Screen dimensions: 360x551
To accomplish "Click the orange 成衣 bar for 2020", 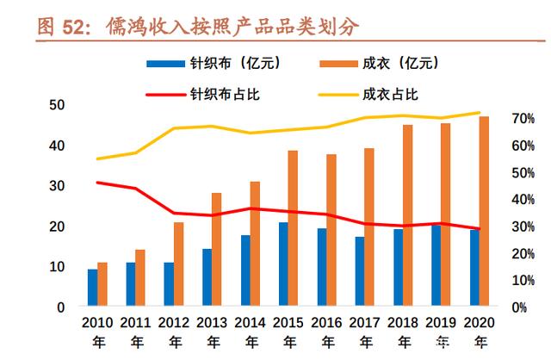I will [484, 211].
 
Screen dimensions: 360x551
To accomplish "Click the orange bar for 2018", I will [408, 215].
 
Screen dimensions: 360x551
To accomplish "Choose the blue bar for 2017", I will [359, 270].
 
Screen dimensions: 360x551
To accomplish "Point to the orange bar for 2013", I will [217, 249].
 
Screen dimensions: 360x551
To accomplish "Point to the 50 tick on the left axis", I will [58, 105].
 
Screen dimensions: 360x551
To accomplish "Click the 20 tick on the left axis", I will [58, 226].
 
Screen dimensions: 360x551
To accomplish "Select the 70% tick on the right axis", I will [523, 118].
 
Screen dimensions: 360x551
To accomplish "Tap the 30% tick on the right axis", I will [523, 227].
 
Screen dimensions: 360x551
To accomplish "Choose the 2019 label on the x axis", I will [442, 323].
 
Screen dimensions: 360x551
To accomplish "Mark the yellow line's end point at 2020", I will [480, 112].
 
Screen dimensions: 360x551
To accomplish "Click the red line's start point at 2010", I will [98, 183].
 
